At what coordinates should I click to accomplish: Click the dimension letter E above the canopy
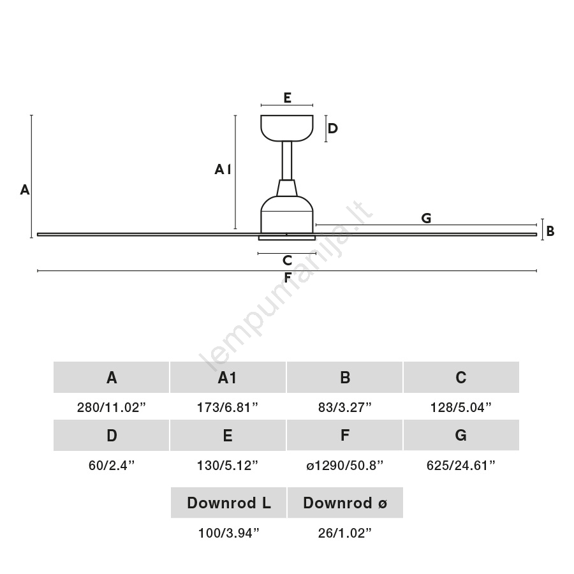click(x=288, y=98)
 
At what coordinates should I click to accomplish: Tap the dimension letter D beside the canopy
click(x=332, y=128)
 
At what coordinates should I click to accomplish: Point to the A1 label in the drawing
click(x=223, y=169)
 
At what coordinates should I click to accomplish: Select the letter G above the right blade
click(x=426, y=218)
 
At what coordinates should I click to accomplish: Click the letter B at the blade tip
click(x=550, y=231)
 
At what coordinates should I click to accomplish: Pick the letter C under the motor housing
click(x=288, y=260)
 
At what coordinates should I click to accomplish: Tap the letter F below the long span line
click(x=288, y=277)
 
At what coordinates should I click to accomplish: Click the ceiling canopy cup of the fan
click(x=287, y=128)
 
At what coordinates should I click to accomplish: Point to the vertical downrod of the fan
click(x=287, y=161)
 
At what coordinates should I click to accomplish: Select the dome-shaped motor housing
click(x=287, y=214)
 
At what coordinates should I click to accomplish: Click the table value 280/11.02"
click(x=111, y=407)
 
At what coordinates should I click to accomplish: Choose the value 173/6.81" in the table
click(x=228, y=407)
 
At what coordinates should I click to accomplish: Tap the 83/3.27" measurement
click(x=345, y=407)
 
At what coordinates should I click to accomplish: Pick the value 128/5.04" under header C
click(x=461, y=407)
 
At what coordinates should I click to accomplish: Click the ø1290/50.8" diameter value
click(x=345, y=466)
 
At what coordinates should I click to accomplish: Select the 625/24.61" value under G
click(x=461, y=466)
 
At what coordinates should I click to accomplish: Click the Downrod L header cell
click(x=228, y=503)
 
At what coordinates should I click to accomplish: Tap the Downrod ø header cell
click(x=345, y=503)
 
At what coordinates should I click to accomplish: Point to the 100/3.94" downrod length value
click(x=228, y=533)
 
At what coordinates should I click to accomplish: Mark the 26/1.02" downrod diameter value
click(x=345, y=533)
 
